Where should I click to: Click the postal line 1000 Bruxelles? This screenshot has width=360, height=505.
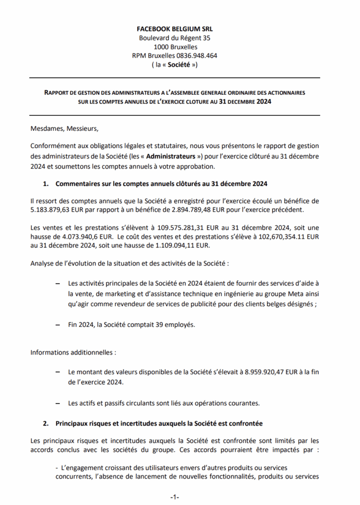pyautogui.click(x=175, y=47)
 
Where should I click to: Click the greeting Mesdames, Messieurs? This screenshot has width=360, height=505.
pyautogui.click(x=65, y=129)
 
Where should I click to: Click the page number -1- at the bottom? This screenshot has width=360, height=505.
pyautogui.click(x=175, y=497)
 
